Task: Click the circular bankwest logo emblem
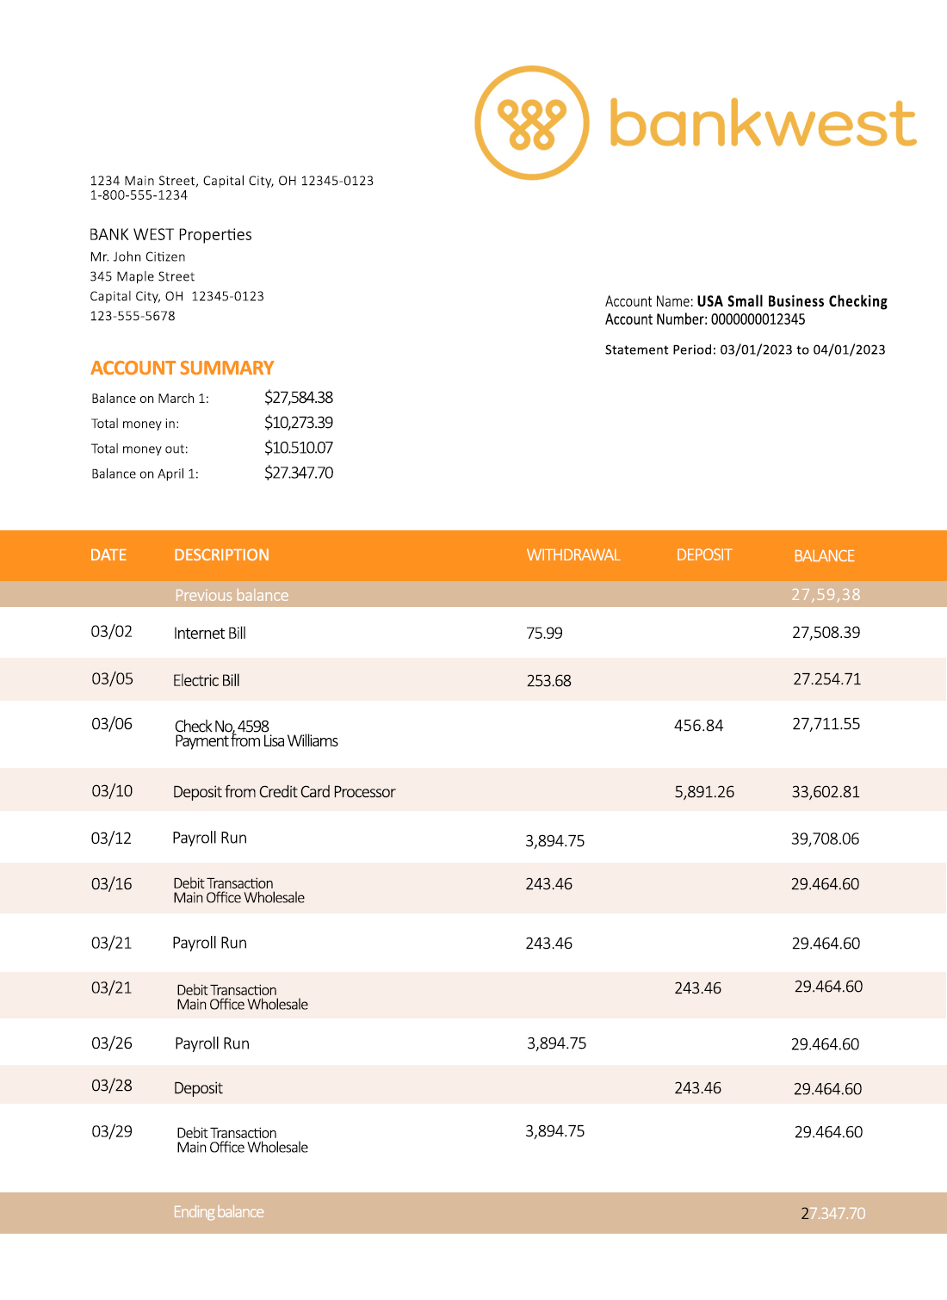[x=532, y=123]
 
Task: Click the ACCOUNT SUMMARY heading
[x=182, y=368]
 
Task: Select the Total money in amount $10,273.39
[x=298, y=423]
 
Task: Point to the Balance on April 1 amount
[x=298, y=473]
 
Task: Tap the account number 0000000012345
[x=758, y=319]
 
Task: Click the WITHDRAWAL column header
[x=573, y=555]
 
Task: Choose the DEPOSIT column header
[x=703, y=555]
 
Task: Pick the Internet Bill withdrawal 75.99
[x=544, y=634]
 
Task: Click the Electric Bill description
[x=206, y=681]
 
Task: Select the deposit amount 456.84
[x=698, y=726]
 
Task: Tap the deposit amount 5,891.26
[x=704, y=792]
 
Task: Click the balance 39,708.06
[x=825, y=839]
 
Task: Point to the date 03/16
[x=112, y=884]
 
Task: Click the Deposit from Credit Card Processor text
[x=284, y=792]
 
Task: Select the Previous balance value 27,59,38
[x=826, y=595]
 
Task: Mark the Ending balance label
[x=219, y=1212]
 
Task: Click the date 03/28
[x=112, y=1086]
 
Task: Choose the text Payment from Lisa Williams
[x=257, y=741]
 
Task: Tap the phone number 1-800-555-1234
[x=139, y=195]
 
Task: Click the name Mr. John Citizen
[x=138, y=257]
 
